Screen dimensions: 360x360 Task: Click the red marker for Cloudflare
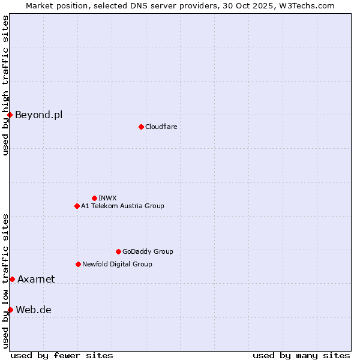(x=141, y=127)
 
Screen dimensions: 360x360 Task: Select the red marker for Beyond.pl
(x=10, y=115)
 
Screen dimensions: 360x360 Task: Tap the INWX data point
(x=94, y=198)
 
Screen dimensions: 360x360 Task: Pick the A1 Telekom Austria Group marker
(x=77, y=206)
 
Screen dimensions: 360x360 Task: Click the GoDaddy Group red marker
(x=118, y=251)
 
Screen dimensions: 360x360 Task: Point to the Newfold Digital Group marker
(x=78, y=264)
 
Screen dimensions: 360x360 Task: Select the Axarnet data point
(x=12, y=279)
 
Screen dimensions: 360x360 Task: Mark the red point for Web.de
(x=10, y=310)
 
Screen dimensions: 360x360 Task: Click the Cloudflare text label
(x=161, y=127)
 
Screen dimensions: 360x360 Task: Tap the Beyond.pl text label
(x=38, y=115)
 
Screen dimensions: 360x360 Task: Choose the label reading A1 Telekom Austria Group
(x=122, y=206)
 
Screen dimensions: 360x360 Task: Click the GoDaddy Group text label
(x=148, y=251)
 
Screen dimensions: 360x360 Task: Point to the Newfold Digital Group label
(x=117, y=264)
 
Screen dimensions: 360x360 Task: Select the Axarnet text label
(x=36, y=279)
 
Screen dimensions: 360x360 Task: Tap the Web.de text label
(x=34, y=310)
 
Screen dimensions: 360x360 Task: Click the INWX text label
(x=107, y=198)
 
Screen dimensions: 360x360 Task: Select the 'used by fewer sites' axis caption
(x=62, y=355)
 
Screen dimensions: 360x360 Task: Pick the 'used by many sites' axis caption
(x=301, y=355)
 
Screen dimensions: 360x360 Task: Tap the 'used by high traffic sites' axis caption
(x=5, y=85)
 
